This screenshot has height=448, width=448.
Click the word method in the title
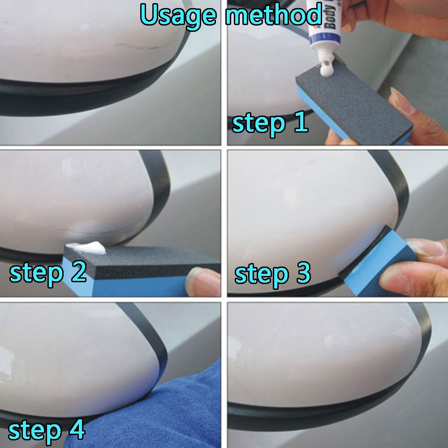tap(273, 15)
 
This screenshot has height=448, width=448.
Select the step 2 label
tap(47, 272)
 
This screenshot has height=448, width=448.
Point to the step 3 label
tap(272, 274)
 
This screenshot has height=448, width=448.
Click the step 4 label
tap(46, 430)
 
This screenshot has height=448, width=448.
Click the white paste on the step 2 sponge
tap(85, 248)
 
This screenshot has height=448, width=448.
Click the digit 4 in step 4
tap(76, 430)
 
